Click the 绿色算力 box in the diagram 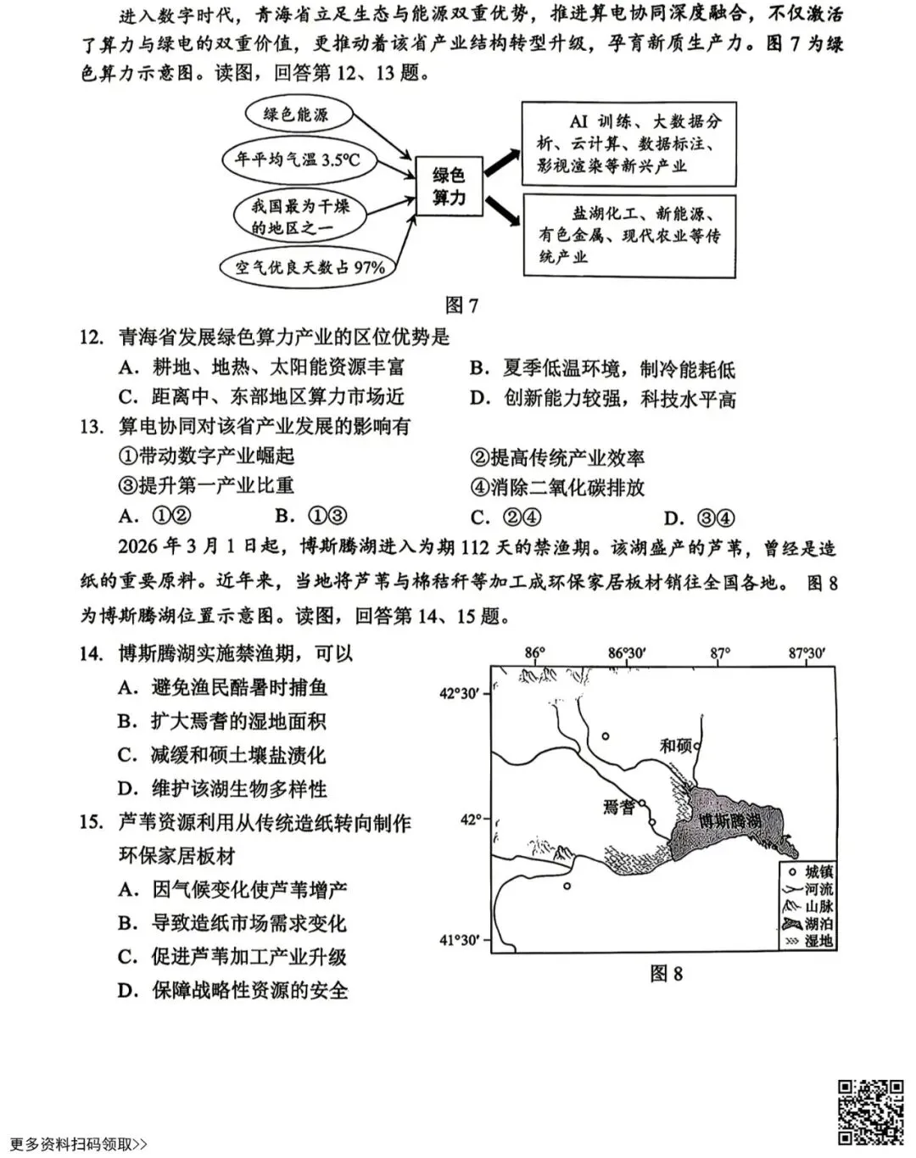click(x=449, y=186)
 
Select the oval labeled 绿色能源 click(x=295, y=115)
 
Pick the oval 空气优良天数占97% click(x=310, y=267)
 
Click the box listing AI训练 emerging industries click(x=628, y=143)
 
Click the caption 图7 click(x=461, y=305)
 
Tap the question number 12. click(x=92, y=338)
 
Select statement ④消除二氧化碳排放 click(x=557, y=487)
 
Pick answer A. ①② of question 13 click(x=154, y=516)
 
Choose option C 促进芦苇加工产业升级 click(x=232, y=957)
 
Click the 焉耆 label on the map click(x=619, y=807)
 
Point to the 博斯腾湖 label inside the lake click(x=729, y=821)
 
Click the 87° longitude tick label click(x=719, y=653)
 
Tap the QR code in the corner click(x=871, y=1112)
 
